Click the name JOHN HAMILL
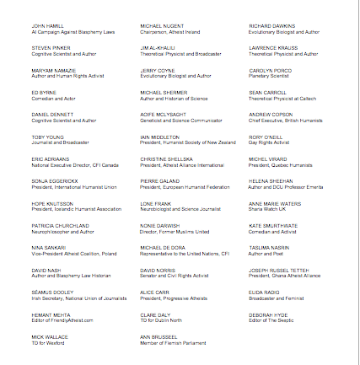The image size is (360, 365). tap(41, 26)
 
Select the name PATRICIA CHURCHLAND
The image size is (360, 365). tap(50, 225)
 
